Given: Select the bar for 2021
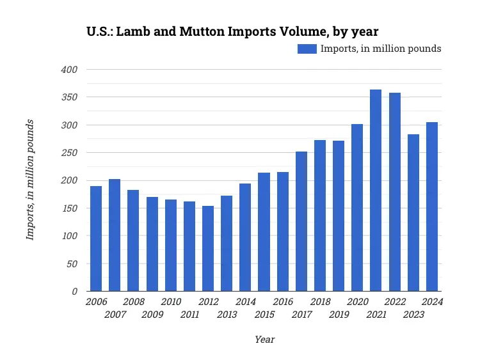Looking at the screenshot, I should (376, 191).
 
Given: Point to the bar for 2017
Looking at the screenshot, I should (301, 221).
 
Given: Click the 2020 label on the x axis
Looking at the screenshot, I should (358, 302).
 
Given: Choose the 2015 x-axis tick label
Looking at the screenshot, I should (264, 315).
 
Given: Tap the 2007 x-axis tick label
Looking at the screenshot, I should (115, 315).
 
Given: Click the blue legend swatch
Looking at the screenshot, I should (307, 49).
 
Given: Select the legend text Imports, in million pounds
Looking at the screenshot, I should (381, 49).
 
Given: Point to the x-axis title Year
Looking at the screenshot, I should (264, 340).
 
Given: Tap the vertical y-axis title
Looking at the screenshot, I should (29, 180).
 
